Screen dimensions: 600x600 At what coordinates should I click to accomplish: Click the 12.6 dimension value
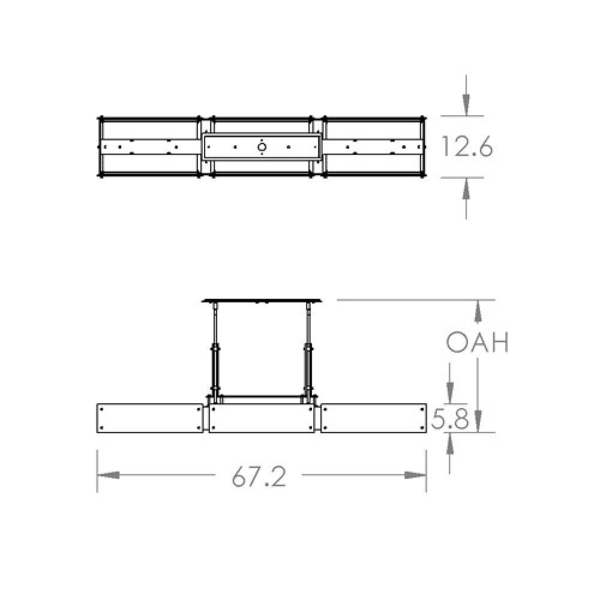click(x=467, y=146)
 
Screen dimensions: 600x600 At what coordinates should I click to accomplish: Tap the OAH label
click(x=478, y=343)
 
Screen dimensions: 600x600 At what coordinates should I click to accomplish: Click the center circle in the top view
click(x=262, y=146)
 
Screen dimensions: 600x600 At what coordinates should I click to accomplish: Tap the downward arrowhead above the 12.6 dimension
click(x=466, y=106)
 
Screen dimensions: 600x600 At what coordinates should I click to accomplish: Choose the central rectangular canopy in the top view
click(x=262, y=146)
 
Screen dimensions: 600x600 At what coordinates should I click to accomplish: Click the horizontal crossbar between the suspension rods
click(x=262, y=396)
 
